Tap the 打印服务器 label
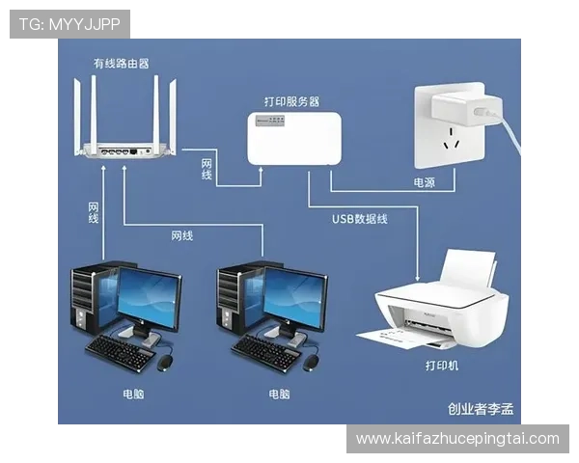click(x=291, y=100)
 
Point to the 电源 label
click(x=425, y=180)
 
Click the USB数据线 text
click(x=360, y=219)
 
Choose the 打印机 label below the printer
click(x=442, y=366)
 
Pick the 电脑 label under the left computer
click(x=133, y=394)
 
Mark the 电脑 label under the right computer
click(x=279, y=394)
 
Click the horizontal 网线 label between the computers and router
click(x=181, y=235)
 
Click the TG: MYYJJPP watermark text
click(x=69, y=23)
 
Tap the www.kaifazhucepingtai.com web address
click(x=457, y=439)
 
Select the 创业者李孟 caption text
click(x=481, y=409)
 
